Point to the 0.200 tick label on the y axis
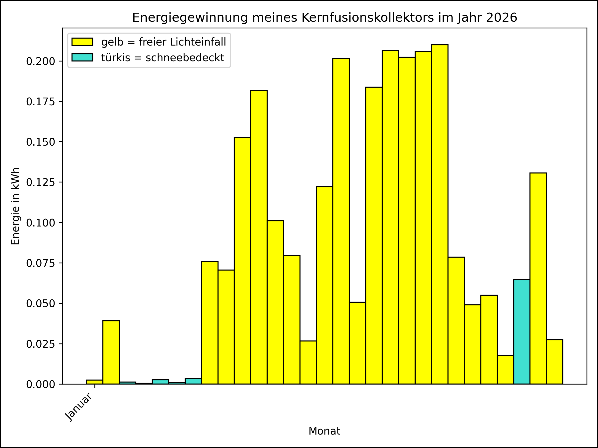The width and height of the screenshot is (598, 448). click(41, 61)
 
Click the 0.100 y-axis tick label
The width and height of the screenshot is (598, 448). click(41, 223)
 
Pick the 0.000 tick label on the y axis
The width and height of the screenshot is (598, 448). click(41, 385)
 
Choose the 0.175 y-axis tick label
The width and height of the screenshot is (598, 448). click(41, 102)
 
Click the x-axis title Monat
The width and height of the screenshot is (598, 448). click(324, 431)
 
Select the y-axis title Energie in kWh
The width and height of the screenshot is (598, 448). click(16, 206)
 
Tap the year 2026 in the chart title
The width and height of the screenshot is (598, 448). click(502, 18)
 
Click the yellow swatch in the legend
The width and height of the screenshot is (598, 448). click(82, 42)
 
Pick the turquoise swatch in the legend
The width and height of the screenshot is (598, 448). click(82, 57)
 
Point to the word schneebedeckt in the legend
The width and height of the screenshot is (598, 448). click(185, 58)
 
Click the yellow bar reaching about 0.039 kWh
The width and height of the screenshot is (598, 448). click(111, 352)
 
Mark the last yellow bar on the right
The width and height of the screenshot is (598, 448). click(555, 362)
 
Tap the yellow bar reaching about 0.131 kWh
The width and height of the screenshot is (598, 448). click(538, 279)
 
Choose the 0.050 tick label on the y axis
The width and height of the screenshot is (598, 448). click(41, 304)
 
